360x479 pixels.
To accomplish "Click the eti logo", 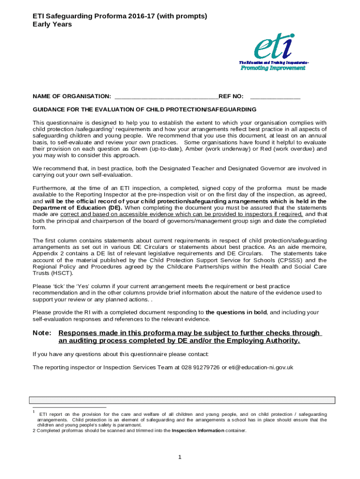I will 274,48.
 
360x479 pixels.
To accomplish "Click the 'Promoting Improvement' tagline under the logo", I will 273,68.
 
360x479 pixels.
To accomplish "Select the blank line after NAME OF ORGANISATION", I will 166,97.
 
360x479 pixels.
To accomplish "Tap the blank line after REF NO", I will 275,97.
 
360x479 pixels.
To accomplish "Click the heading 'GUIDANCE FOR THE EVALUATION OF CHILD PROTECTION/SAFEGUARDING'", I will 144,109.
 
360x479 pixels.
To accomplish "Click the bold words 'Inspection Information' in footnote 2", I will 198,431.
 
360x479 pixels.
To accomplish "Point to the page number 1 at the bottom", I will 180,457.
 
